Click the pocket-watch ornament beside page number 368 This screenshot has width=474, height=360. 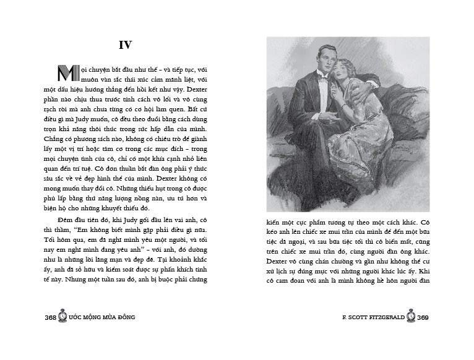[x=62, y=316]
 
